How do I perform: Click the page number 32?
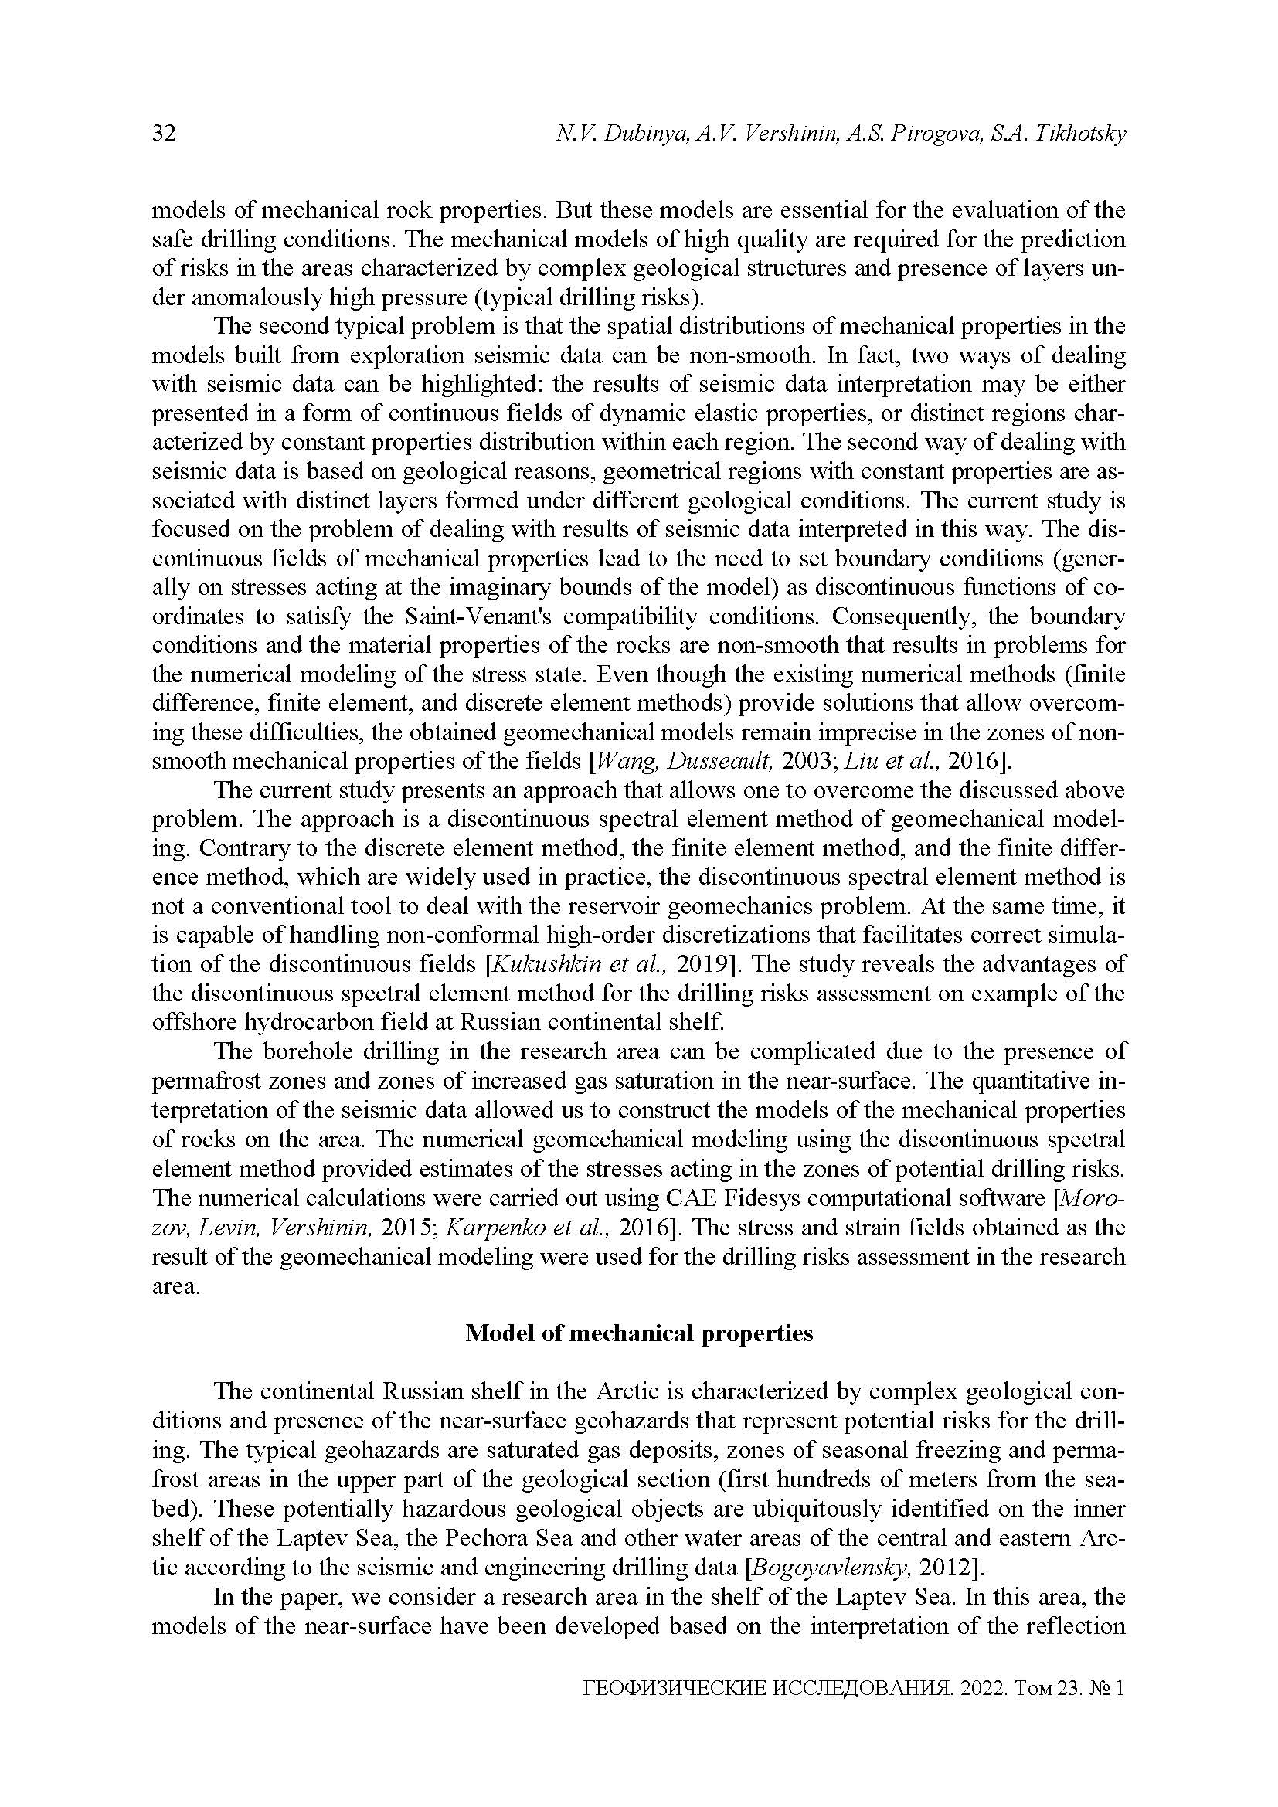[164, 134]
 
